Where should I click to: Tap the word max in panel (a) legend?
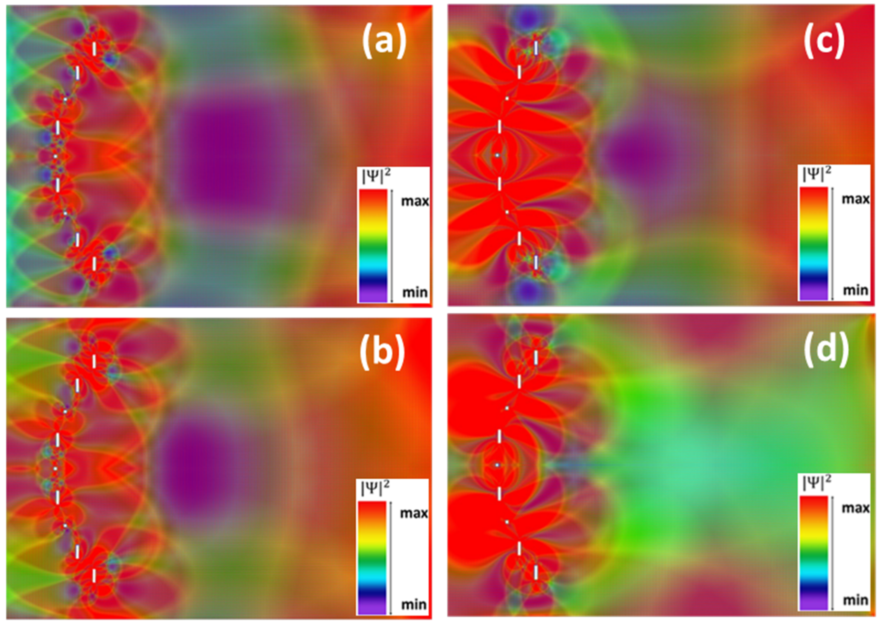point(415,201)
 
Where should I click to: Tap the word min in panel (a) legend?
point(415,292)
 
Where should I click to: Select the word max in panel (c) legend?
point(855,199)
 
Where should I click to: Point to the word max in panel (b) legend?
point(414,513)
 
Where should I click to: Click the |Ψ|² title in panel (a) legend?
point(376,177)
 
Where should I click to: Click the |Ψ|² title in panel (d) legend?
point(817,483)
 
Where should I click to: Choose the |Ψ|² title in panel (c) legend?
point(817,175)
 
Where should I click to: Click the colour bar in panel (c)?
point(813,243)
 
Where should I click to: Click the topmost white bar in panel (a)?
point(94,49)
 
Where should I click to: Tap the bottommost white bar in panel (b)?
point(94,576)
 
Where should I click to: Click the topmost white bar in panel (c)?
point(536,48)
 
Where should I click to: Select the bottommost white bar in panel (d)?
point(536,572)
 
